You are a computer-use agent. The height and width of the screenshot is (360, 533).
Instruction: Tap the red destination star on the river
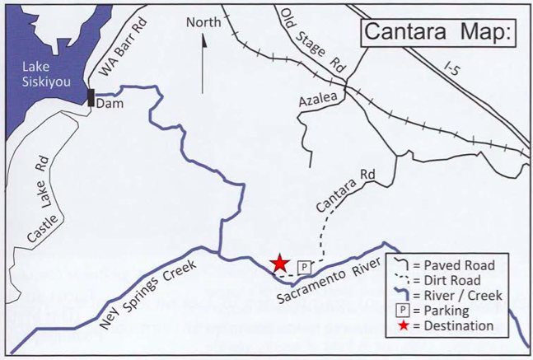pos(280,263)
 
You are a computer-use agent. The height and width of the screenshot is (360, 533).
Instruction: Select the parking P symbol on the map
pos(304,267)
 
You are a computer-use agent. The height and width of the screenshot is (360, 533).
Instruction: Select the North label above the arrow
pos(203,22)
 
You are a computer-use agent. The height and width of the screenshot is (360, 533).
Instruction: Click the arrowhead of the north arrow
pos(203,39)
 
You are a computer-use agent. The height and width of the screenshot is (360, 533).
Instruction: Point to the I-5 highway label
pos(449,68)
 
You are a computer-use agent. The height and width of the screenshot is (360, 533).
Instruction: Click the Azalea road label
pos(319,99)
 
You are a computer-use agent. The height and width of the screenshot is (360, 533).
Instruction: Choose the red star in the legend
pos(400,325)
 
